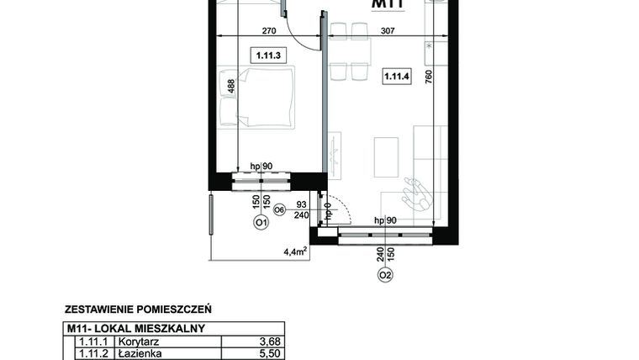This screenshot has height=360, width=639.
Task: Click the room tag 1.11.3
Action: [x=265, y=56]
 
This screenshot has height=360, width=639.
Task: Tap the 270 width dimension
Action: [x=269, y=30]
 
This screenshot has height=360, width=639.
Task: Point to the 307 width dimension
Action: [x=387, y=30]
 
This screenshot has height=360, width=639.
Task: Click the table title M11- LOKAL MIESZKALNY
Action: [x=135, y=329]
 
